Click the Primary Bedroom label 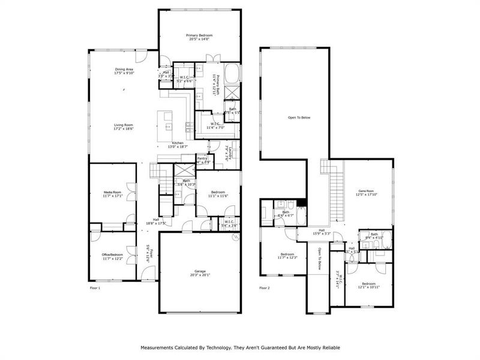tap(199, 35)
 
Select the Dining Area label tap(124, 70)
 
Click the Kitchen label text tap(178, 143)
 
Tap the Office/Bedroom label tap(112, 254)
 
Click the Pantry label tap(202, 158)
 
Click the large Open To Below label tap(299, 118)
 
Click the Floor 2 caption tap(265, 289)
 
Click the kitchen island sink tap(168, 127)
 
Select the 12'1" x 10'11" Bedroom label tap(368, 283)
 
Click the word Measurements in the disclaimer tap(158, 347)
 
